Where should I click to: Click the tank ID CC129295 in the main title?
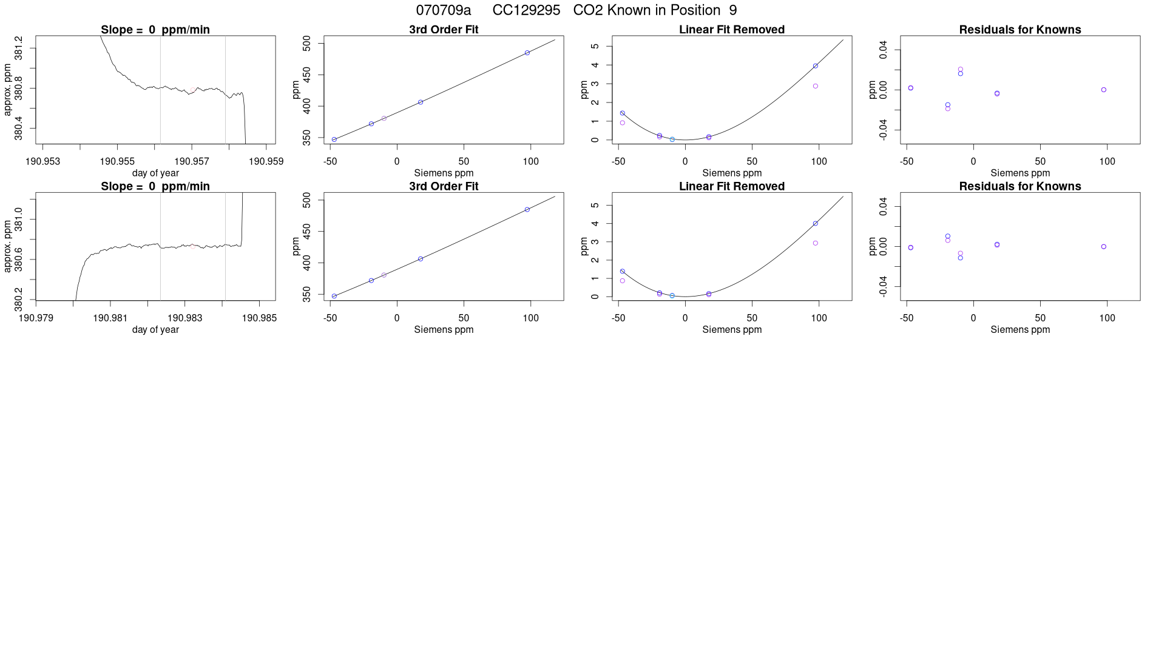[526, 10]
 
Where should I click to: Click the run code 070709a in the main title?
[443, 10]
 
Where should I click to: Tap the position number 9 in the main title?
[733, 10]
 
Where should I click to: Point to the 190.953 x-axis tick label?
[43, 161]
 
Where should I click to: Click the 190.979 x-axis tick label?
[36, 318]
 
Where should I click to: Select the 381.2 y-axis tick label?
[19, 48]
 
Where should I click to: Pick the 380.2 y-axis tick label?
[19, 299]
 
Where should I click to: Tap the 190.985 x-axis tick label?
[259, 318]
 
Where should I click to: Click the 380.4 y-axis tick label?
[19, 128]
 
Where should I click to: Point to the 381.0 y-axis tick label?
[19, 219]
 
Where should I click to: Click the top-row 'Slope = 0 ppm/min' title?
[155, 30]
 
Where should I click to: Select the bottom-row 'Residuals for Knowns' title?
[1020, 186]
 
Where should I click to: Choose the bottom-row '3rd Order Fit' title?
[444, 186]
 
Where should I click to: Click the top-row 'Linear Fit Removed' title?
[732, 30]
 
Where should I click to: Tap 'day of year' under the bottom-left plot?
[155, 329]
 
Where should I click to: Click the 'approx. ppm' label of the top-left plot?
[8, 90]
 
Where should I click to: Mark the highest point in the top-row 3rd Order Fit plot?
[527, 53]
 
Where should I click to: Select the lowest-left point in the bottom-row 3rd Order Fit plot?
[334, 296]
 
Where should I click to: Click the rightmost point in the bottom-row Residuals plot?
[1104, 247]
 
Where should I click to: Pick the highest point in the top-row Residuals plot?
[961, 69]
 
